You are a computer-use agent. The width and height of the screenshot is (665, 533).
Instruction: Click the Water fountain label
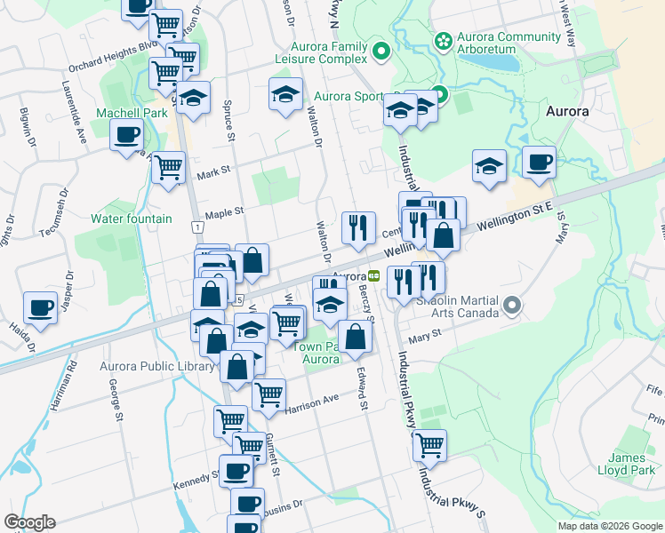click(132, 219)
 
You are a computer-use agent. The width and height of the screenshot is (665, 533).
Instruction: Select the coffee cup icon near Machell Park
click(126, 135)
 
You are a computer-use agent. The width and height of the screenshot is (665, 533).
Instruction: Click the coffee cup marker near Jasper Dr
click(40, 307)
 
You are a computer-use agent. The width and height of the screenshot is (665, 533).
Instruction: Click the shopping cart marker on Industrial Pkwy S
click(429, 443)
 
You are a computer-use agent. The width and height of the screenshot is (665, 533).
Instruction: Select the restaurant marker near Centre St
click(358, 226)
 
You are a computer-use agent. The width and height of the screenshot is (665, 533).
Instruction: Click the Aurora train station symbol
click(374, 275)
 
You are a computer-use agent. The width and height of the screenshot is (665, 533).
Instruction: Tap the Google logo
click(28, 522)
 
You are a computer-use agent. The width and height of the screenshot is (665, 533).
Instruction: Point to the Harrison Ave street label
click(313, 402)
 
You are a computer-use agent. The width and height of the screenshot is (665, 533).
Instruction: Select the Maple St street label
click(224, 212)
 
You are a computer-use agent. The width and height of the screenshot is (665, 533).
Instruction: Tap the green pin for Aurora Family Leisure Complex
click(381, 51)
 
